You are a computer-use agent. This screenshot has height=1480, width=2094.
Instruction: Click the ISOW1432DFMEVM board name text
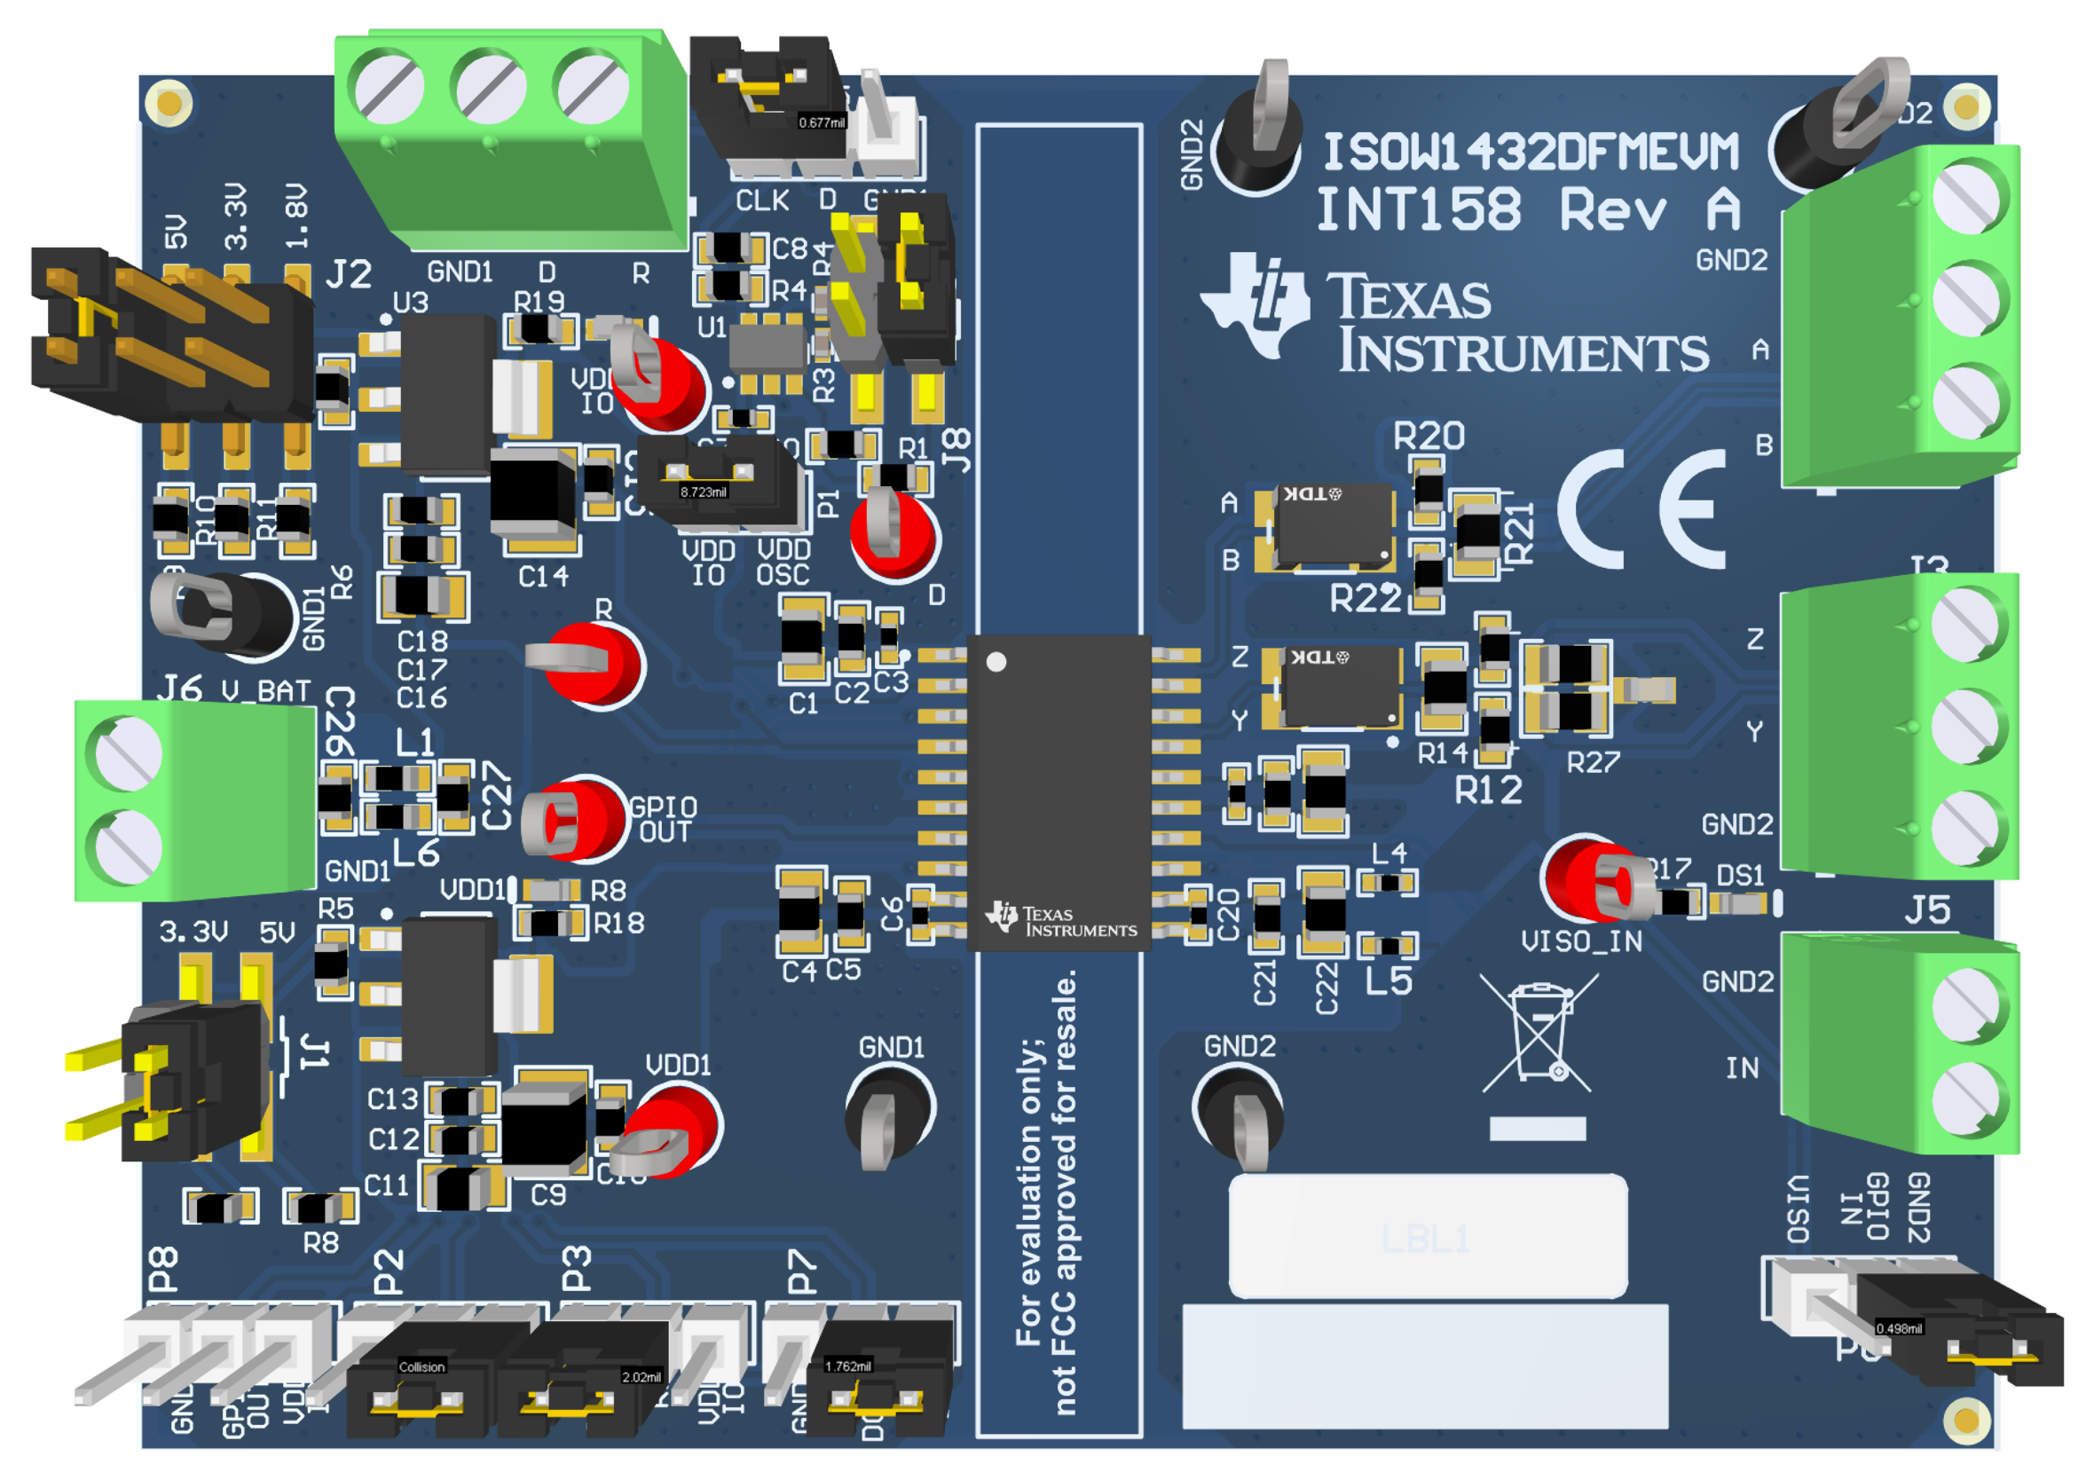click(1531, 153)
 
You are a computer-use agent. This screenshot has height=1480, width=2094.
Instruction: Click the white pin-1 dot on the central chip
click(996, 662)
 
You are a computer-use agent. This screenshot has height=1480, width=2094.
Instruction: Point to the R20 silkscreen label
click(1429, 437)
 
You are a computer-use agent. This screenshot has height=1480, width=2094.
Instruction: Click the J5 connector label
click(1927, 910)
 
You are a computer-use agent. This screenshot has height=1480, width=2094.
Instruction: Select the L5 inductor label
click(1388, 981)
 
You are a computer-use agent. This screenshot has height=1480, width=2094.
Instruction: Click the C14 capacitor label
click(543, 577)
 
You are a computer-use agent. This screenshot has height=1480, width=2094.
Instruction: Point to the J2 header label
click(349, 273)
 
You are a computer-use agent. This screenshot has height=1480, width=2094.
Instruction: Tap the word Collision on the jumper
click(421, 1366)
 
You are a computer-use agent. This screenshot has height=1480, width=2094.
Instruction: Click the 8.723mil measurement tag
click(703, 492)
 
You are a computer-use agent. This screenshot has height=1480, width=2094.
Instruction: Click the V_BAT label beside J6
click(266, 691)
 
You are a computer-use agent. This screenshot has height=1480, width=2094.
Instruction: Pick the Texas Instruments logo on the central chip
click(1061, 921)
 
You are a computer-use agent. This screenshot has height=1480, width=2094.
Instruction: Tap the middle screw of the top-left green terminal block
click(491, 90)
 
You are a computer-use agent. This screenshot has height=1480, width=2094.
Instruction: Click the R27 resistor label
click(1593, 762)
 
